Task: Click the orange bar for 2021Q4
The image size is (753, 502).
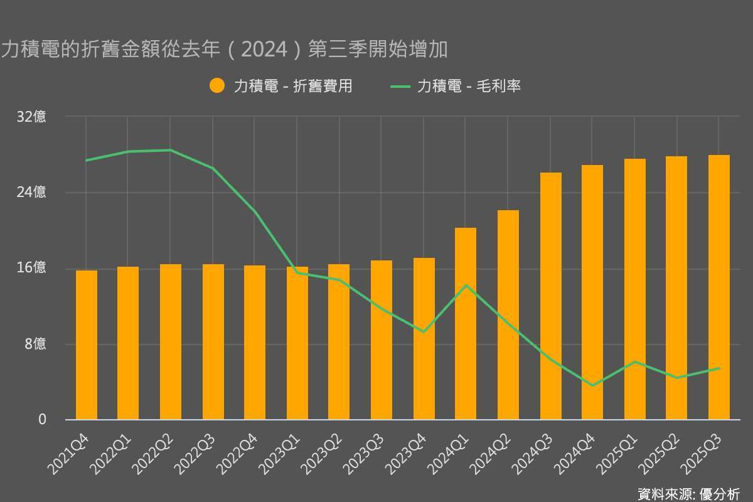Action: click(x=87, y=345)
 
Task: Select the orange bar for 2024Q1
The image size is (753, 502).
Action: click(x=466, y=324)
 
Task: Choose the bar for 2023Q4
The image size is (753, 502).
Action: click(x=424, y=339)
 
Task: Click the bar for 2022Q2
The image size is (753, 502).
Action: click(x=171, y=342)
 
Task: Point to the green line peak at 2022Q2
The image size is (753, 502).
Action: click(x=171, y=150)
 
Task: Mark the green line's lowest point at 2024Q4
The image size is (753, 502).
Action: click(x=592, y=385)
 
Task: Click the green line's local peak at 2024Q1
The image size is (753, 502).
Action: click(x=466, y=286)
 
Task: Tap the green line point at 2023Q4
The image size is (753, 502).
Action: click(x=424, y=331)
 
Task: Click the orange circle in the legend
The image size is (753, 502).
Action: click(x=217, y=86)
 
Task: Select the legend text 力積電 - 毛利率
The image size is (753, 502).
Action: click(x=469, y=86)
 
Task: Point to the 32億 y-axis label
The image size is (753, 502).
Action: click(x=32, y=117)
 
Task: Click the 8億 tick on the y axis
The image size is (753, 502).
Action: click(x=35, y=344)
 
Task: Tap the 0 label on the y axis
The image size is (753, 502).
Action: click(x=43, y=419)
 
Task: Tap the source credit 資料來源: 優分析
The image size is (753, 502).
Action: click(x=688, y=493)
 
